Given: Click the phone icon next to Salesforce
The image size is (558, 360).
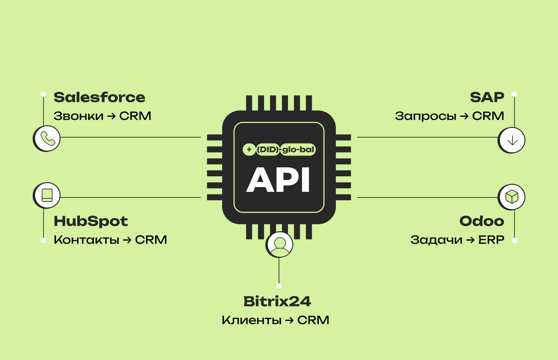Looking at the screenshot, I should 47,138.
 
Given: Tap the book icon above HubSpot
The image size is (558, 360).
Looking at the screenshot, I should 47,195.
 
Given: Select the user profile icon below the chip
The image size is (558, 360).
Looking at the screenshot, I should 279,244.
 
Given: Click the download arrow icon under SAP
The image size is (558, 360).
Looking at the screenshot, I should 512,140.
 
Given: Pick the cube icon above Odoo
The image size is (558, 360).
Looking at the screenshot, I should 512,197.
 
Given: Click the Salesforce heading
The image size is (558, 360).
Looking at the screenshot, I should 99,97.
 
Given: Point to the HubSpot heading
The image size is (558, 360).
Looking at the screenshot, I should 91,221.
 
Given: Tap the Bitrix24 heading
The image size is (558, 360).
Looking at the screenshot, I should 277,301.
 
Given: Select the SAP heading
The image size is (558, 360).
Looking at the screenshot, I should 487,97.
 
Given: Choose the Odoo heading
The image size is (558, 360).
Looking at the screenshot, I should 482,221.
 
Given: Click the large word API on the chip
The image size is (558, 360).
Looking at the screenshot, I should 278,180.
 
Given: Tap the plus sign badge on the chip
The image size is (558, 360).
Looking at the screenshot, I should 249,150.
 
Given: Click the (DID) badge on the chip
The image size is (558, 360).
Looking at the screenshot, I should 268,150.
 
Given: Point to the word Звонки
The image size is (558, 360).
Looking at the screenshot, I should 78,116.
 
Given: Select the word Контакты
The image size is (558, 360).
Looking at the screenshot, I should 86,240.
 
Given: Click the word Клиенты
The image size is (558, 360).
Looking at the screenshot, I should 251,320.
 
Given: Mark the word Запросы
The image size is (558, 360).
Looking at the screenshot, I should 426,116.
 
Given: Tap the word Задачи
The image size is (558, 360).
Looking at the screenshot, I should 436,240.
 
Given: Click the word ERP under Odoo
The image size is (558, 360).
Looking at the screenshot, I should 491,240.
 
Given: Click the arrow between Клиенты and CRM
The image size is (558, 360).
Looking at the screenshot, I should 289,320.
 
